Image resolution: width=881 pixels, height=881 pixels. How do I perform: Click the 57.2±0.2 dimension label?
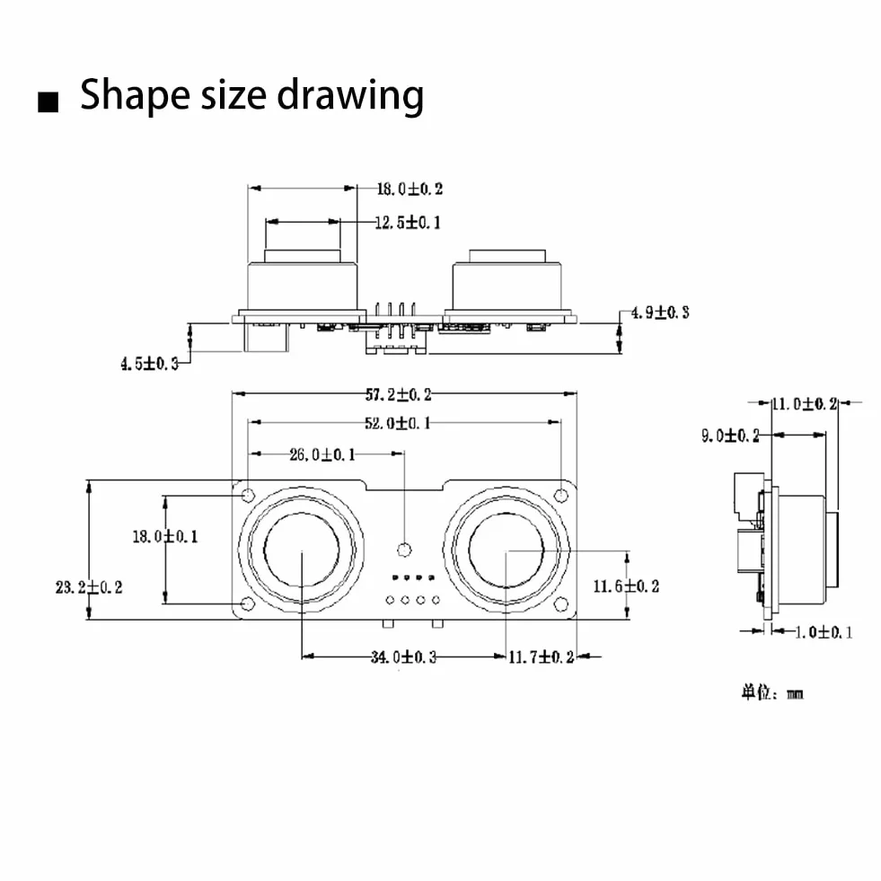[x=399, y=394]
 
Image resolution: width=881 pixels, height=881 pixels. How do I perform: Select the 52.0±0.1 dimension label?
[x=398, y=423]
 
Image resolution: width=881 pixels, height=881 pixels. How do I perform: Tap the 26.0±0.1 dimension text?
[x=322, y=454]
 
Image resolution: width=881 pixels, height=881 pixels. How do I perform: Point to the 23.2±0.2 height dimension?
[x=89, y=587]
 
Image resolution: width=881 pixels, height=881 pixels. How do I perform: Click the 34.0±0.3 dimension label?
[x=403, y=656]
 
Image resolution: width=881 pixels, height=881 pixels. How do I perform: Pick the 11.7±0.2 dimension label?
[x=542, y=656]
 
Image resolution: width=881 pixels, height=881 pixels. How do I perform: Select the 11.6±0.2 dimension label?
[x=627, y=586]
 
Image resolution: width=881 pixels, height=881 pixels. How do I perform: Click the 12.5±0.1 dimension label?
[x=408, y=223]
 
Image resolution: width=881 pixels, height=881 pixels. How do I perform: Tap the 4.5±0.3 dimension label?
[x=149, y=364]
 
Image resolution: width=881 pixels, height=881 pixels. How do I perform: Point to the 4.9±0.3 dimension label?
[x=660, y=313]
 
